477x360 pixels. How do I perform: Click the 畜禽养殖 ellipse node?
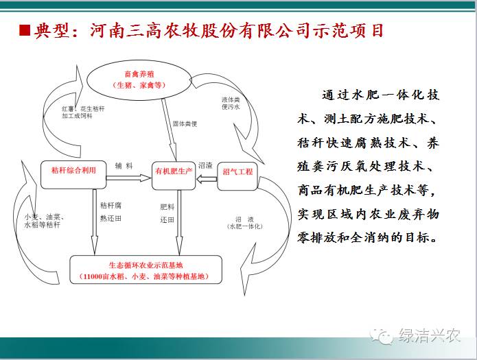point(139,80)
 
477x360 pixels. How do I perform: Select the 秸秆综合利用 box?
point(73,175)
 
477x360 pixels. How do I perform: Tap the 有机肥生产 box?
point(174,176)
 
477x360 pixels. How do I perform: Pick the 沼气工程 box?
point(237,176)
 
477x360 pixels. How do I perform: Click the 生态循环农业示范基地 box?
point(146,269)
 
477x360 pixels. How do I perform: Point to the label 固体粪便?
point(185,123)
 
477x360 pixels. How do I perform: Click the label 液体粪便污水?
point(231,103)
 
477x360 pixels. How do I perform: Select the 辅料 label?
point(124,166)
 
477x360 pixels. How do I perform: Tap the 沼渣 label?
point(205,165)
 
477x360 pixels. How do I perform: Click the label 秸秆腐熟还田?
point(110,212)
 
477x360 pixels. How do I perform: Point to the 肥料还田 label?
point(167,213)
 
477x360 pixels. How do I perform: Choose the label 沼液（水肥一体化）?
point(245,223)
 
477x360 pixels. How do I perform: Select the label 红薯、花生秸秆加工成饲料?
point(83,112)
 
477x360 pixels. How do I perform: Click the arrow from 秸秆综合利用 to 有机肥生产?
point(128,178)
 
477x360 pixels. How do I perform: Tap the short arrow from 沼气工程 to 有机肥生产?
point(207,179)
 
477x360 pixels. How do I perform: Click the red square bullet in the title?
point(25,30)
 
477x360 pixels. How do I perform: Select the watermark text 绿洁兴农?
point(430,336)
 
